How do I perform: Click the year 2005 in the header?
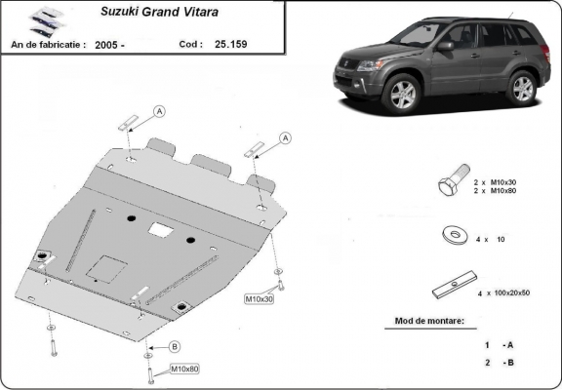coord(108,44)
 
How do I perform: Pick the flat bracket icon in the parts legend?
coord(451,289)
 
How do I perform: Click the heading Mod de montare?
coord(429,320)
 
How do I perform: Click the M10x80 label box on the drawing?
coord(185,369)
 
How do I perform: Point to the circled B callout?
coord(175,347)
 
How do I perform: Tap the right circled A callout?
coord(286,139)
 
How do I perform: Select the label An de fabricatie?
coord(48,44)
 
